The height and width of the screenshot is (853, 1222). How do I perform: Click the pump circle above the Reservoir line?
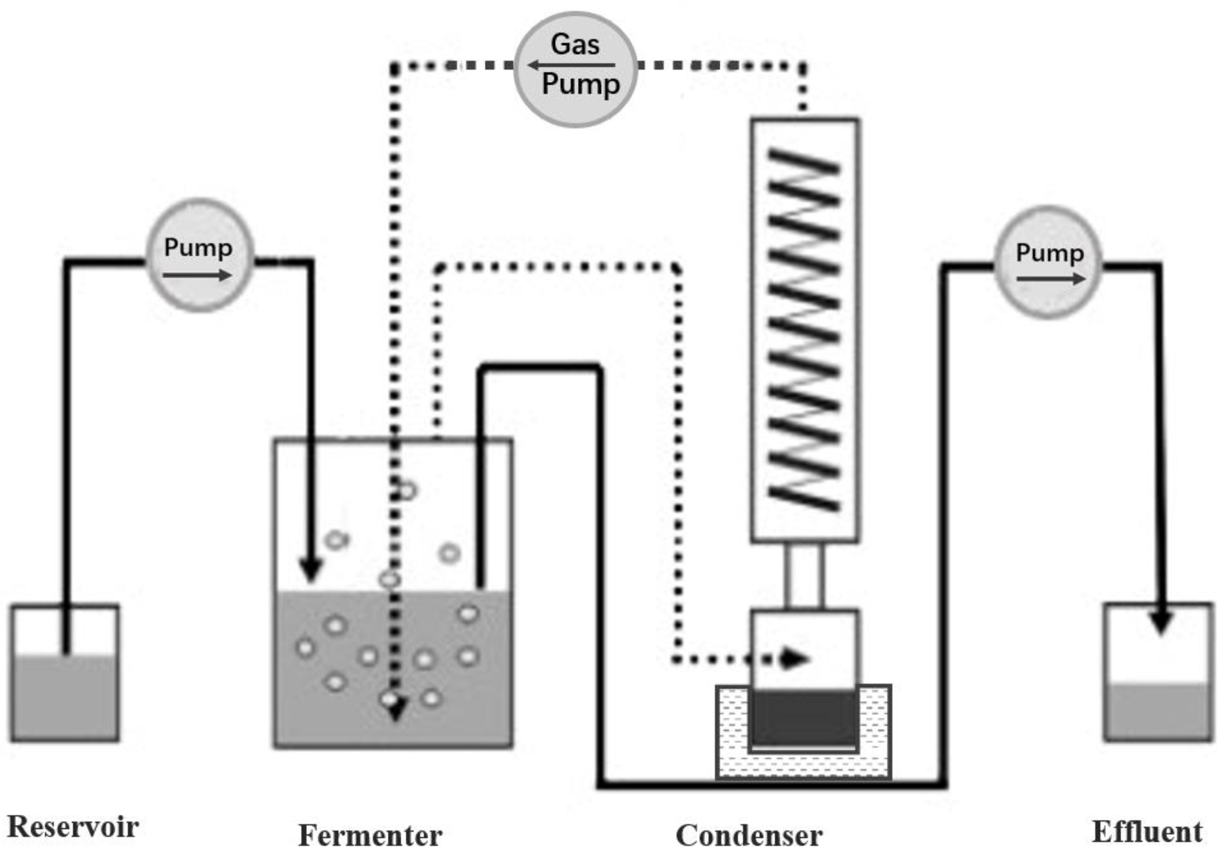(x=199, y=255)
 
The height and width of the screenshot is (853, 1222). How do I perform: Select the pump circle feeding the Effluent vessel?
(x=1048, y=261)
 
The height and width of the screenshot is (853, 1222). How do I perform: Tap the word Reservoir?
(x=73, y=827)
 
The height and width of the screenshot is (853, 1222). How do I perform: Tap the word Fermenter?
(x=370, y=835)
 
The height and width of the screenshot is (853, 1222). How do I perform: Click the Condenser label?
(x=749, y=835)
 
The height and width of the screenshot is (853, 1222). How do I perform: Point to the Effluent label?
(x=1147, y=831)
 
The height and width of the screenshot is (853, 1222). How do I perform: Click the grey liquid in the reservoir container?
(x=64, y=697)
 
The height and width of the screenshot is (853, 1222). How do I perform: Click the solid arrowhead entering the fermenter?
(x=310, y=571)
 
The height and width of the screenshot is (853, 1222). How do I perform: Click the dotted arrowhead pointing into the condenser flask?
(x=794, y=659)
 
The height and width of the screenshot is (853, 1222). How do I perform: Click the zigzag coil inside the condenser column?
(x=803, y=330)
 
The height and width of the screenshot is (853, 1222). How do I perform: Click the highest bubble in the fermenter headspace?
(x=407, y=490)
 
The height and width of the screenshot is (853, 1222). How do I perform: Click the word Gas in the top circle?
(x=575, y=43)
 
